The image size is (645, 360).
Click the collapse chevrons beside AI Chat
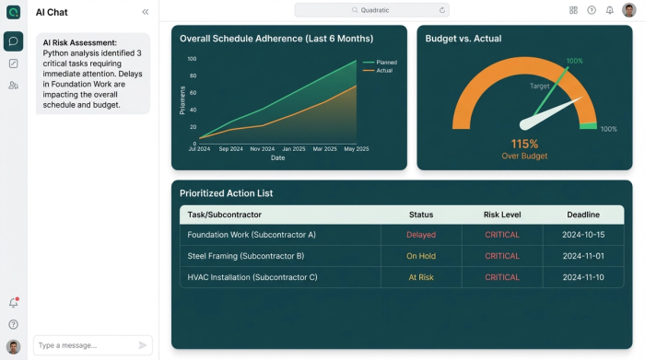[145, 12]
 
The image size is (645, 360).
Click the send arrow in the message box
[143, 345]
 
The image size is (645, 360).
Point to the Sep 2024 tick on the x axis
[230, 148]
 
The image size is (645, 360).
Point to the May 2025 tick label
[356, 148]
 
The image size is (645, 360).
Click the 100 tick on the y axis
[192, 59]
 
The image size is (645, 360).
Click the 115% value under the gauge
[524, 144]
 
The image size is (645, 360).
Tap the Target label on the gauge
[540, 86]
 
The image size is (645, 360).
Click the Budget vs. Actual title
[463, 39]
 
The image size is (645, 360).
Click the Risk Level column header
[502, 215]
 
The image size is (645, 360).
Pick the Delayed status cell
[420, 235]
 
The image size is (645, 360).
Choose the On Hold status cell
[420, 256]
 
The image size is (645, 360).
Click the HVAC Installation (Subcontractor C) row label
[252, 277]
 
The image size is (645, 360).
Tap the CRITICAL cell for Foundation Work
[502, 235]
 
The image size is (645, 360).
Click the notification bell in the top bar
[609, 10]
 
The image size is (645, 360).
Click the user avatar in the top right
[629, 10]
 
